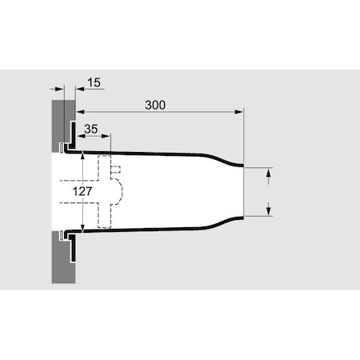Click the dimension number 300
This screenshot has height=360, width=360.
[155, 105]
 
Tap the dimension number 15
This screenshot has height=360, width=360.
[94, 82]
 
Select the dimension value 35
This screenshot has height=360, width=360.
[91, 129]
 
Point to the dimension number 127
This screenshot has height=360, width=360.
[82, 191]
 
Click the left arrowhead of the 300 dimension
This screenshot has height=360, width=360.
[80, 112]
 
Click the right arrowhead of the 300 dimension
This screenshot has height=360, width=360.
[239, 112]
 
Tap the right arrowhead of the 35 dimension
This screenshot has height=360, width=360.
[106, 136]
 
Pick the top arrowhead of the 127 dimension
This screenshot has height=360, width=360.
[82, 155]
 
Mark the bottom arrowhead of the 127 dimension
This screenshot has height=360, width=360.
[82, 228]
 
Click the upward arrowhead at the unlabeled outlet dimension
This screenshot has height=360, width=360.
[269, 173]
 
